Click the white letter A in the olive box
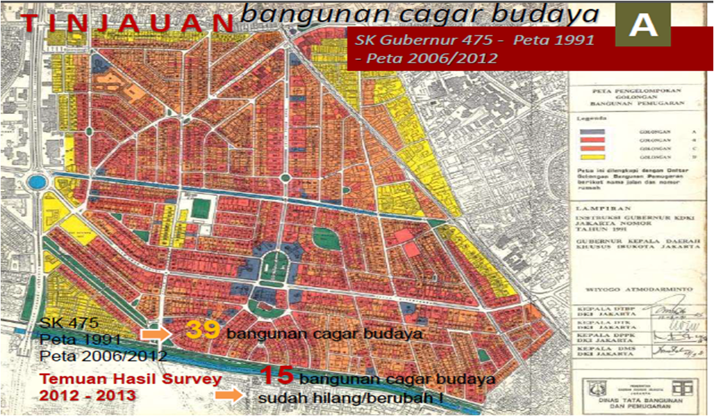tap(643, 26)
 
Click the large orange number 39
tap(202, 331)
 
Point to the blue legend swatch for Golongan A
tap(592, 131)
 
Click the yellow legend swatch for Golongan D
tap(592, 157)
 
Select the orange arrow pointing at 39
tap(155, 333)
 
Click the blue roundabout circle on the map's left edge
tap(37, 183)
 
